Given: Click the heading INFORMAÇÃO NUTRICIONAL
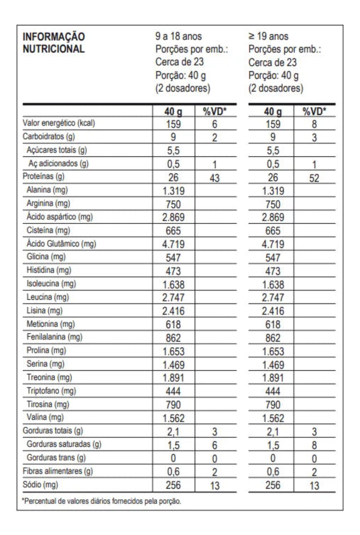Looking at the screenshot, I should [x=53, y=43].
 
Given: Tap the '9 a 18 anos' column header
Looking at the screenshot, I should [x=178, y=36].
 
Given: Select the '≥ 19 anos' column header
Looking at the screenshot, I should [x=268, y=36].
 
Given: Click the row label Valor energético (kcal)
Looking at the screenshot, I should [x=59, y=123].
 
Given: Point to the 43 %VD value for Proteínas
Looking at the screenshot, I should [x=215, y=178].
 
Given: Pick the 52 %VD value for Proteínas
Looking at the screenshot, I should [x=314, y=178].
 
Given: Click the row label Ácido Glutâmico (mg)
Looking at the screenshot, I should [x=61, y=243].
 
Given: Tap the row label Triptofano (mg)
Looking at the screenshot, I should [x=51, y=391].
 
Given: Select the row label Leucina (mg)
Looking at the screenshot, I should [x=47, y=297].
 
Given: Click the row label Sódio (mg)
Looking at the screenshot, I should [x=40, y=484].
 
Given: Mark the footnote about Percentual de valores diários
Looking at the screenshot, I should [x=101, y=501].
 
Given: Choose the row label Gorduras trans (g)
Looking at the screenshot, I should [x=56, y=457].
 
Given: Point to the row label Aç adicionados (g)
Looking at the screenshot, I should [x=58, y=163].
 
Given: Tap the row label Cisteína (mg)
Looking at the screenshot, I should [x=48, y=230].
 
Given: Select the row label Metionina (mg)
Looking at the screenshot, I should [x=50, y=324].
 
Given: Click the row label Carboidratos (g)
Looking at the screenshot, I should [x=49, y=136].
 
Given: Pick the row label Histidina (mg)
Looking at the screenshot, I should [x=49, y=270].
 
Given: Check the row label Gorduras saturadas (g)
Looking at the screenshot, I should [x=64, y=444].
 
